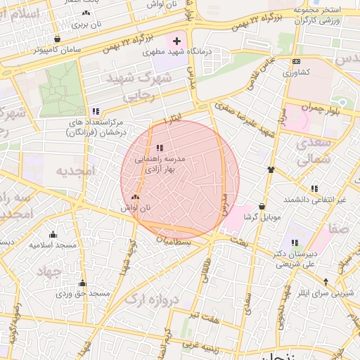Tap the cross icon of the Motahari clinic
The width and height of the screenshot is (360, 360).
[176, 41]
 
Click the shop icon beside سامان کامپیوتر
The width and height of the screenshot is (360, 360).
[56, 39]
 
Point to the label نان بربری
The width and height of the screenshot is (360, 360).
[87, 23]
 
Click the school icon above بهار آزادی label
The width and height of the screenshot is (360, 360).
[160, 148]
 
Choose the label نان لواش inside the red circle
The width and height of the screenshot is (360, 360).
[136, 208]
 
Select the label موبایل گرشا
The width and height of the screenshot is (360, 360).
[262, 217]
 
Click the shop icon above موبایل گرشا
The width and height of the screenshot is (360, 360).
[262, 207]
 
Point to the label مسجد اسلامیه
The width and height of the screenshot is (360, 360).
[53, 245]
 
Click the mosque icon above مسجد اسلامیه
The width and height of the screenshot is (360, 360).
[53, 235]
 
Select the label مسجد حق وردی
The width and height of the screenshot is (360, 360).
[83, 292]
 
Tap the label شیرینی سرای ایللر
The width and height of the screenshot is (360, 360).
[324, 292]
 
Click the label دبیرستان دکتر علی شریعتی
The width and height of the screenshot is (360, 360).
[306, 258]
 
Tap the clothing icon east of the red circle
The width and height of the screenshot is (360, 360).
[271, 169]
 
